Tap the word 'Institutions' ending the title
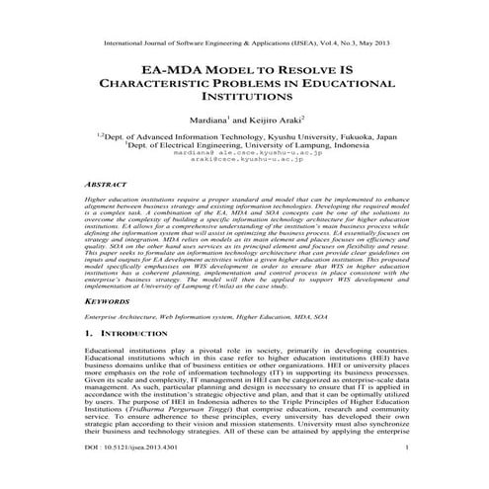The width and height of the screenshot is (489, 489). click(244, 101)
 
